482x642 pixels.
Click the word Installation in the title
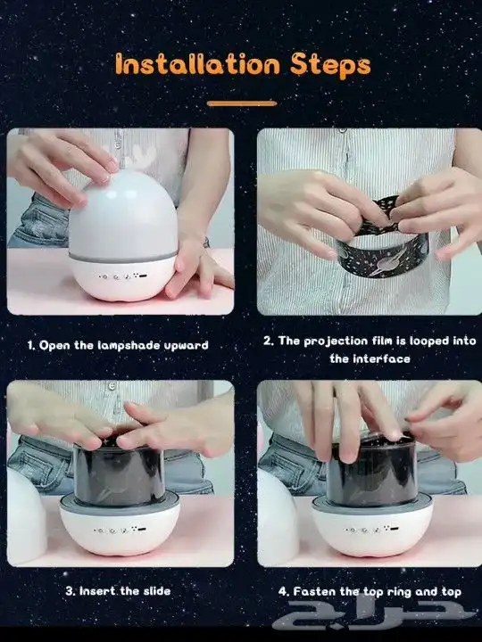197,64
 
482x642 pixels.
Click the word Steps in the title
330,65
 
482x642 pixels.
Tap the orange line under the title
242,103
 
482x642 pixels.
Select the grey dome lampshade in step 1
123,216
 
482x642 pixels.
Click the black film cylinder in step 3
120,474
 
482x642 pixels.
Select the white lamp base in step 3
120,528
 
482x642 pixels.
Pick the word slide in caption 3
157,591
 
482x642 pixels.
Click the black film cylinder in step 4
371,474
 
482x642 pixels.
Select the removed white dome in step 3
26,516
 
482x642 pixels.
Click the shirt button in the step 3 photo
111,386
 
